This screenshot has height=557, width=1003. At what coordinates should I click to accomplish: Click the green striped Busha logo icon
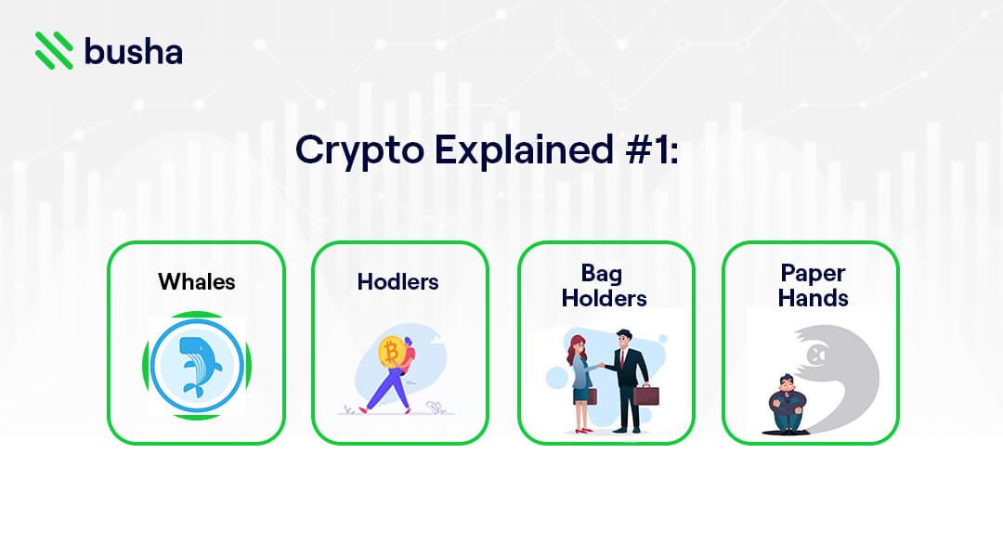tap(54, 50)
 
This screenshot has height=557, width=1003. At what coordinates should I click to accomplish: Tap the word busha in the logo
tap(133, 51)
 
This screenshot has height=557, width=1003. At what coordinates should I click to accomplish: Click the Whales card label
tap(196, 281)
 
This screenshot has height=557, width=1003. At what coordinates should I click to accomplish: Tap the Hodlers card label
tap(398, 281)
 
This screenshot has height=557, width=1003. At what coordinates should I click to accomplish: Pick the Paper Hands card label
tap(814, 286)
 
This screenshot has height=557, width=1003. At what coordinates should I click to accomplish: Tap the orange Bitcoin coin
tap(391, 354)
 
